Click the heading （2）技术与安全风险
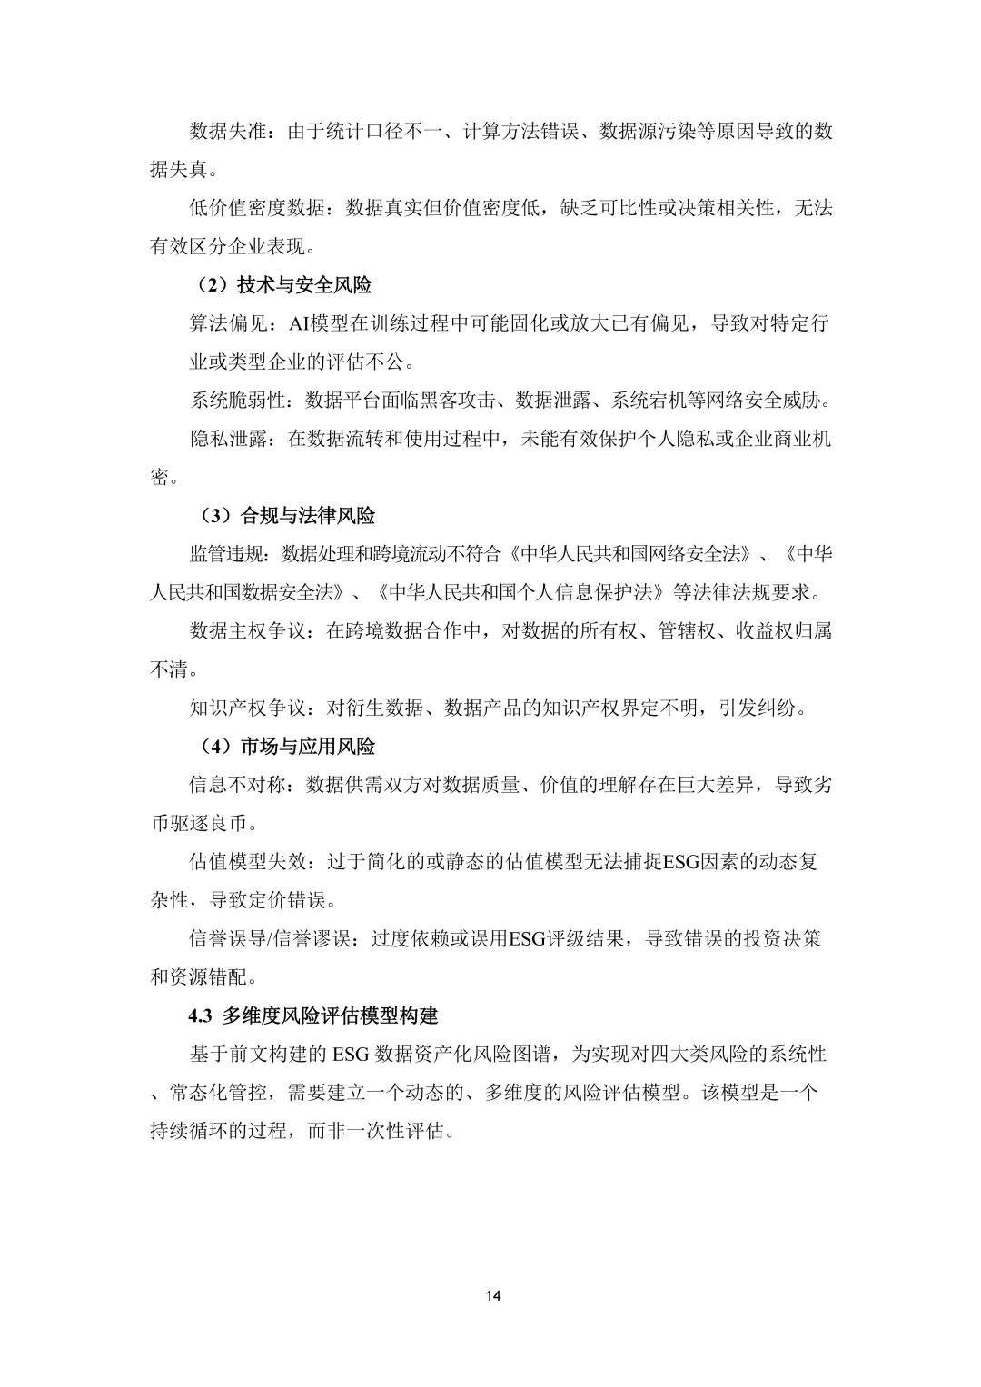tap(284, 285)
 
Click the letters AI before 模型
tap(299, 323)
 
